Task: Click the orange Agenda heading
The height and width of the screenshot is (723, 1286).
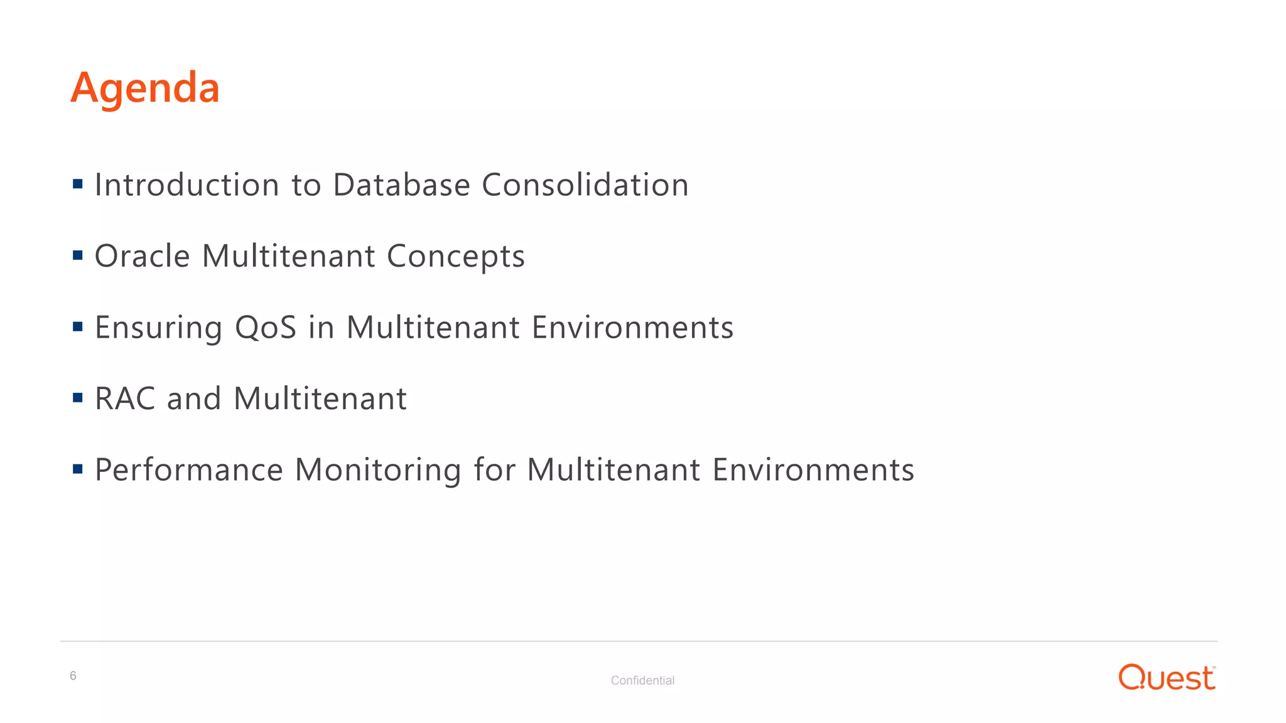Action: tap(145, 88)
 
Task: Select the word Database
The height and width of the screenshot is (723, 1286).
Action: tap(401, 185)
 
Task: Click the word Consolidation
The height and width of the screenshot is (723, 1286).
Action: tap(585, 185)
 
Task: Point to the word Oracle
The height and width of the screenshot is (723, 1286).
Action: tap(142, 256)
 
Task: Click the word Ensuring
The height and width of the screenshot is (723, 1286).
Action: tap(158, 328)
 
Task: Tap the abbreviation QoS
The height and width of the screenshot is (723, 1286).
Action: tap(266, 328)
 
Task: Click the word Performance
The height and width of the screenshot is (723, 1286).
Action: tap(189, 470)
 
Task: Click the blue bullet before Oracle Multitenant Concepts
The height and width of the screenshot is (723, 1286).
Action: tap(78, 255)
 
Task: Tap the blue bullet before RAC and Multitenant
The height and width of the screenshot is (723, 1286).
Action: tap(78, 398)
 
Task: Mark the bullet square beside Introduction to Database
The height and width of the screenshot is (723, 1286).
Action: tap(78, 184)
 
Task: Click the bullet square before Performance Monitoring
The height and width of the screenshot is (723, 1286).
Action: tap(78, 469)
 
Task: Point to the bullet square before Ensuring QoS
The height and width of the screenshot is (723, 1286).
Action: tap(78, 326)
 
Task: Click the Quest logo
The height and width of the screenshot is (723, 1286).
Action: tap(1167, 678)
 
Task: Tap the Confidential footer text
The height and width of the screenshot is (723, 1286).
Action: tap(642, 680)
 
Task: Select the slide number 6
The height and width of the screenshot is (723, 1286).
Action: tap(73, 676)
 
